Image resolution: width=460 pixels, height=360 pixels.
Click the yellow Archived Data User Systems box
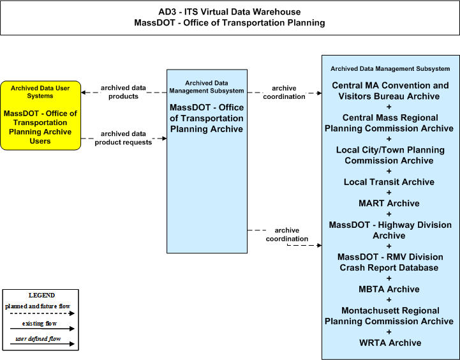pos(40,116)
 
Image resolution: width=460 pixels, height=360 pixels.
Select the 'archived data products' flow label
pos(123,92)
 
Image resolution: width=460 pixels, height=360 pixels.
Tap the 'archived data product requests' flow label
pos(123,138)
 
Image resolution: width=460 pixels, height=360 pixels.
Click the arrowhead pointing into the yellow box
pos(84,93)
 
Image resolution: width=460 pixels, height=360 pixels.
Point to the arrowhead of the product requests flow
pos(165,138)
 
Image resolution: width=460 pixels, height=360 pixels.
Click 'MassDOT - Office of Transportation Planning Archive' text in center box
pos(207,118)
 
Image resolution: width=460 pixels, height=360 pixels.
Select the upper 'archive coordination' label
pos(284,93)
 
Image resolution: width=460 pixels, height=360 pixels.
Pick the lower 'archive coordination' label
pos(287,234)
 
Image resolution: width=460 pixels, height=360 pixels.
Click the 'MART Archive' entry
pos(389,204)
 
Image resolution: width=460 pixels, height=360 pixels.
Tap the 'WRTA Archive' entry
pos(390,343)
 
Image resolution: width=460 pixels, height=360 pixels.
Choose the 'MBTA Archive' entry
pos(389,289)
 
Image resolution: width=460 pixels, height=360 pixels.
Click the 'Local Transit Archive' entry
pos(389,182)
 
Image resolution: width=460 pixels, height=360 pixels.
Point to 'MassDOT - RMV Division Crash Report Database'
pos(390,262)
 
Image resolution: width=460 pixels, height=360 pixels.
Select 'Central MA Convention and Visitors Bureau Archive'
pos(390,91)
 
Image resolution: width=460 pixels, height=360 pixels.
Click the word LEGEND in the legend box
pos(41,295)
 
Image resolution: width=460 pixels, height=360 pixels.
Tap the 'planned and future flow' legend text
pos(38,306)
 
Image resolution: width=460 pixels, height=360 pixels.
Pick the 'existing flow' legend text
pos(40,324)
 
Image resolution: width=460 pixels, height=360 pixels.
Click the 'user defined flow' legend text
pos(38,339)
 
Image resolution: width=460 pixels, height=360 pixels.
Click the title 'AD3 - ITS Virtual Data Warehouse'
pos(230,11)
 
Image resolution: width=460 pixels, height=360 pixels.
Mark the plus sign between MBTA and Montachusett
pos(389,300)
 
